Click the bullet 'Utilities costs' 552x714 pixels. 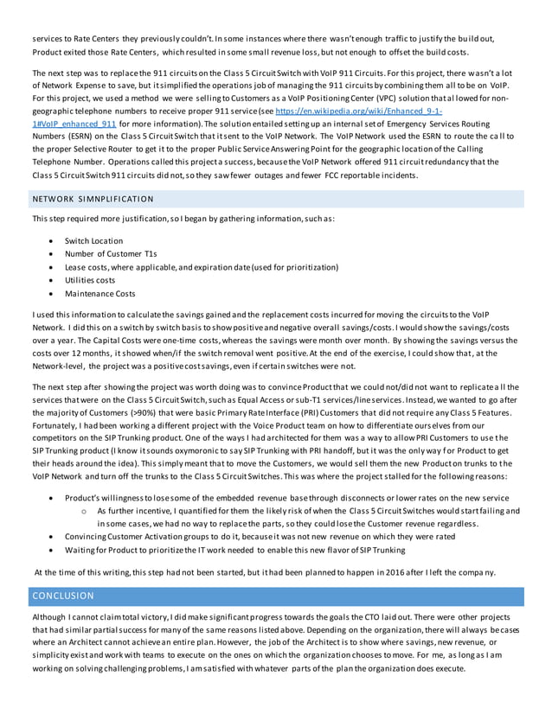tap(90, 280)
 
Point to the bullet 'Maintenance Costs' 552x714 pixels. tap(99, 294)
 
